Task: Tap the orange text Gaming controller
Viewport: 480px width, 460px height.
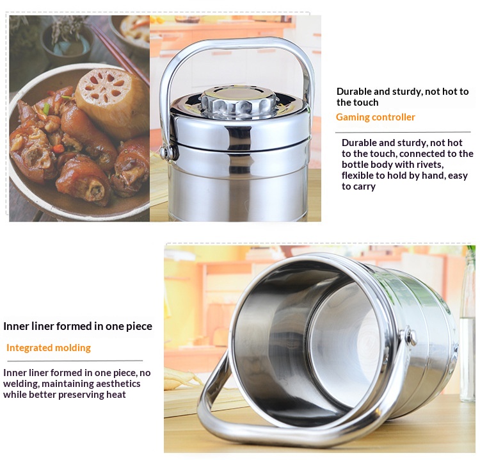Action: point(375,117)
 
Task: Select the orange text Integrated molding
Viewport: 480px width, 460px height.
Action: point(49,348)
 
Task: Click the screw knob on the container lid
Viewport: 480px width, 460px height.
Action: point(238,102)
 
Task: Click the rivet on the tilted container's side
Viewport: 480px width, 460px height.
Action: point(412,336)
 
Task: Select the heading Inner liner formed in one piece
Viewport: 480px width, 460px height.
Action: point(77,326)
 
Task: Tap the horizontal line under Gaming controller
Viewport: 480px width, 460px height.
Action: point(403,133)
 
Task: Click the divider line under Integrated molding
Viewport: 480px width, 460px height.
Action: point(75,361)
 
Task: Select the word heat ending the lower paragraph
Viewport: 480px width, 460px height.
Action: point(116,395)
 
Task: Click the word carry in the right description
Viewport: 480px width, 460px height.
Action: point(364,186)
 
